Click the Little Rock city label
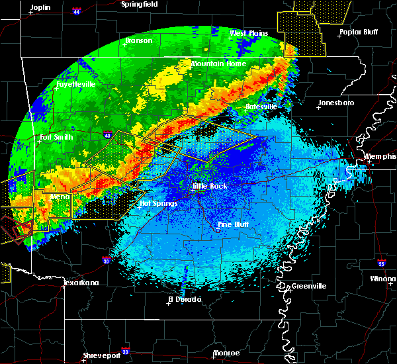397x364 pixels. click(210, 187)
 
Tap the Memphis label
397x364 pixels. click(380, 157)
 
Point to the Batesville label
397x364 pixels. click(261, 107)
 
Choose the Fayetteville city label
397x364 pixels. click(75, 85)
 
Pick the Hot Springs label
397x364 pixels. click(157, 203)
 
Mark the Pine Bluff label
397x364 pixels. click(234, 225)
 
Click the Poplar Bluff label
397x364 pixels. click(357, 32)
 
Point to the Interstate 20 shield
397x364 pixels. click(125, 351)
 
